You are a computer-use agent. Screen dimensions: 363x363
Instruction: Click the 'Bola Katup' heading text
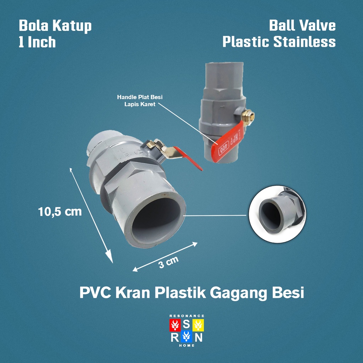[x=55, y=26]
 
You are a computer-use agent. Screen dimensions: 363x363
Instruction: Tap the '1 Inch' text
[x=37, y=42]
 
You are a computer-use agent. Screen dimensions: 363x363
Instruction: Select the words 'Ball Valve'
[x=302, y=26]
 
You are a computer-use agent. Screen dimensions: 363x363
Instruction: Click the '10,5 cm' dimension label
[x=60, y=212]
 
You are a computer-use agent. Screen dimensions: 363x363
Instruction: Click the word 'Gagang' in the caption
[x=240, y=294]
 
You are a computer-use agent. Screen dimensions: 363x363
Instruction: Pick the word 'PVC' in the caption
[x=94, y=294]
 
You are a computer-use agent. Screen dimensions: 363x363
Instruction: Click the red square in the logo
[x=175, y=324]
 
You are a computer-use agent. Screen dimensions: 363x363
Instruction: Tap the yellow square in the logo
[x=198, y=324]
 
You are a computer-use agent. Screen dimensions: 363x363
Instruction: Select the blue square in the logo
[x=186, y=336]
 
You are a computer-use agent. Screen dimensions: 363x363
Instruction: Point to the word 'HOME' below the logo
[x=187, y=345]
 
